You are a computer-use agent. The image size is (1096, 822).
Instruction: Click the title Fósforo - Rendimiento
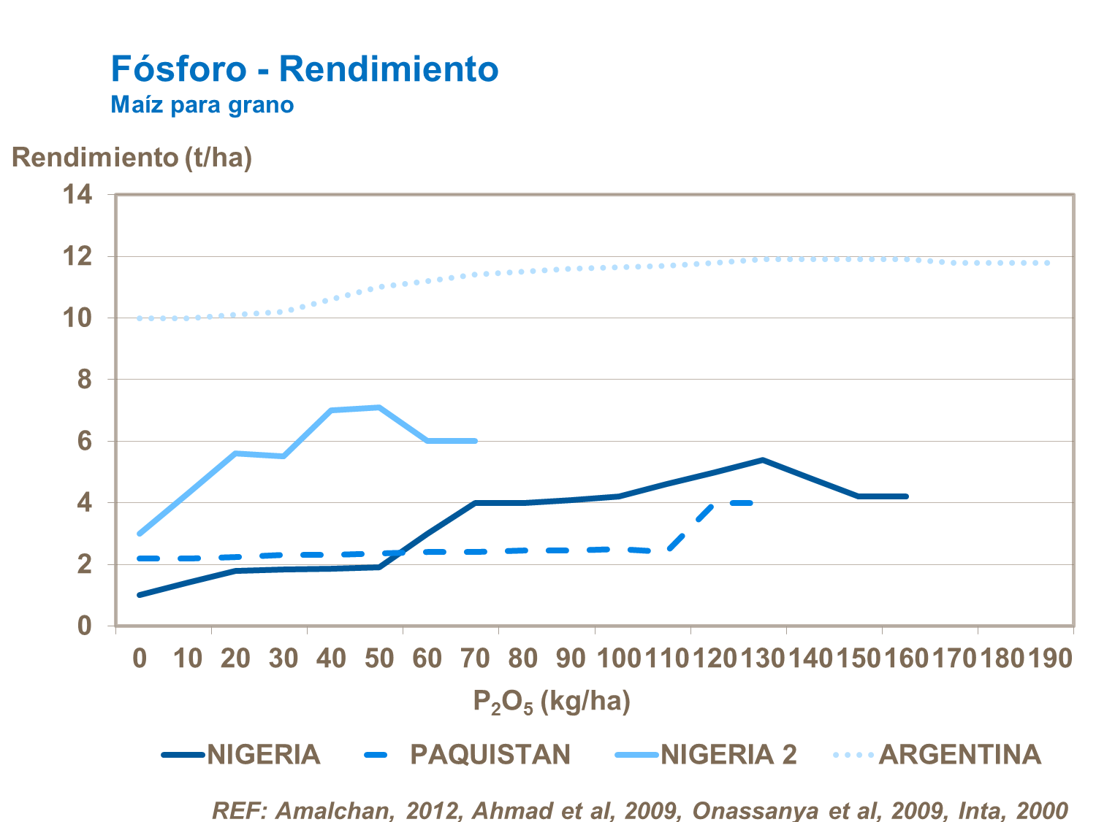pyautogui.click(x=305, y=69)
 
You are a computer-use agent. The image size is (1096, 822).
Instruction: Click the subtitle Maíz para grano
pyautogui.click(x=202, y=105)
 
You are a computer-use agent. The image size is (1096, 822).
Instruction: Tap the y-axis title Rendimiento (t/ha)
pyautogui.click(x=132, y=157)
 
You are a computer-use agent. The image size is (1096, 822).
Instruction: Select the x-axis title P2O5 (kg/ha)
pyautogui.click(x=552, y=702)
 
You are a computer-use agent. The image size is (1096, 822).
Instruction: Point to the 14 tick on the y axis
pyautogui.click(x=77, y=194)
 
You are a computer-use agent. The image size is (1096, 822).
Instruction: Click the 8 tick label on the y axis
pyautogui.click(x=85, y=380)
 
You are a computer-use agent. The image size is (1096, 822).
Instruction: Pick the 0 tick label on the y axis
pyautogui.click(x=85, y=626)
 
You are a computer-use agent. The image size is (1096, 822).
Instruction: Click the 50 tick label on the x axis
pyautogui.click(x=379, y=658)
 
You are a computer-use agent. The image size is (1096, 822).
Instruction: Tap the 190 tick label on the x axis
pyautogui.click(x=1050, y=658)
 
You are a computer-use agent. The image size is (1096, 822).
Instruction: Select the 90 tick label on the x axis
pyautogui.click(x=571, y=658)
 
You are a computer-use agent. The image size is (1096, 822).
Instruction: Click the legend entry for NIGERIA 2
pyautogui.click(x=728, y=754)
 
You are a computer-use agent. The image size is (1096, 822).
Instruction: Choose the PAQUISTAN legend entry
pyautogui.click(x=490, y=754)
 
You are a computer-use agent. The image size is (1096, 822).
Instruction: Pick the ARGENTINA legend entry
pyautogui.click(x=959, y=754)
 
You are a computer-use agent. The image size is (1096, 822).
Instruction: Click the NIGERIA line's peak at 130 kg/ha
pyautogui.click(x=762, y=460)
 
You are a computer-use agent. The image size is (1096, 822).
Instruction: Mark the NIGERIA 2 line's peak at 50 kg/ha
pyautogui.click(x=379, y=407)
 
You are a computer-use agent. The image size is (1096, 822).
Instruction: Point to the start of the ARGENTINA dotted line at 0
pyautogui.click(x=140, y=318)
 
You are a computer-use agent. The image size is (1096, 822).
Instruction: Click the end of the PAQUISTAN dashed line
pyautogui.click(x=750, y=502)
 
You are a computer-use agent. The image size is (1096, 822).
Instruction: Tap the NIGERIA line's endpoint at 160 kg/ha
pyautogui.click(x=906, y=496)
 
